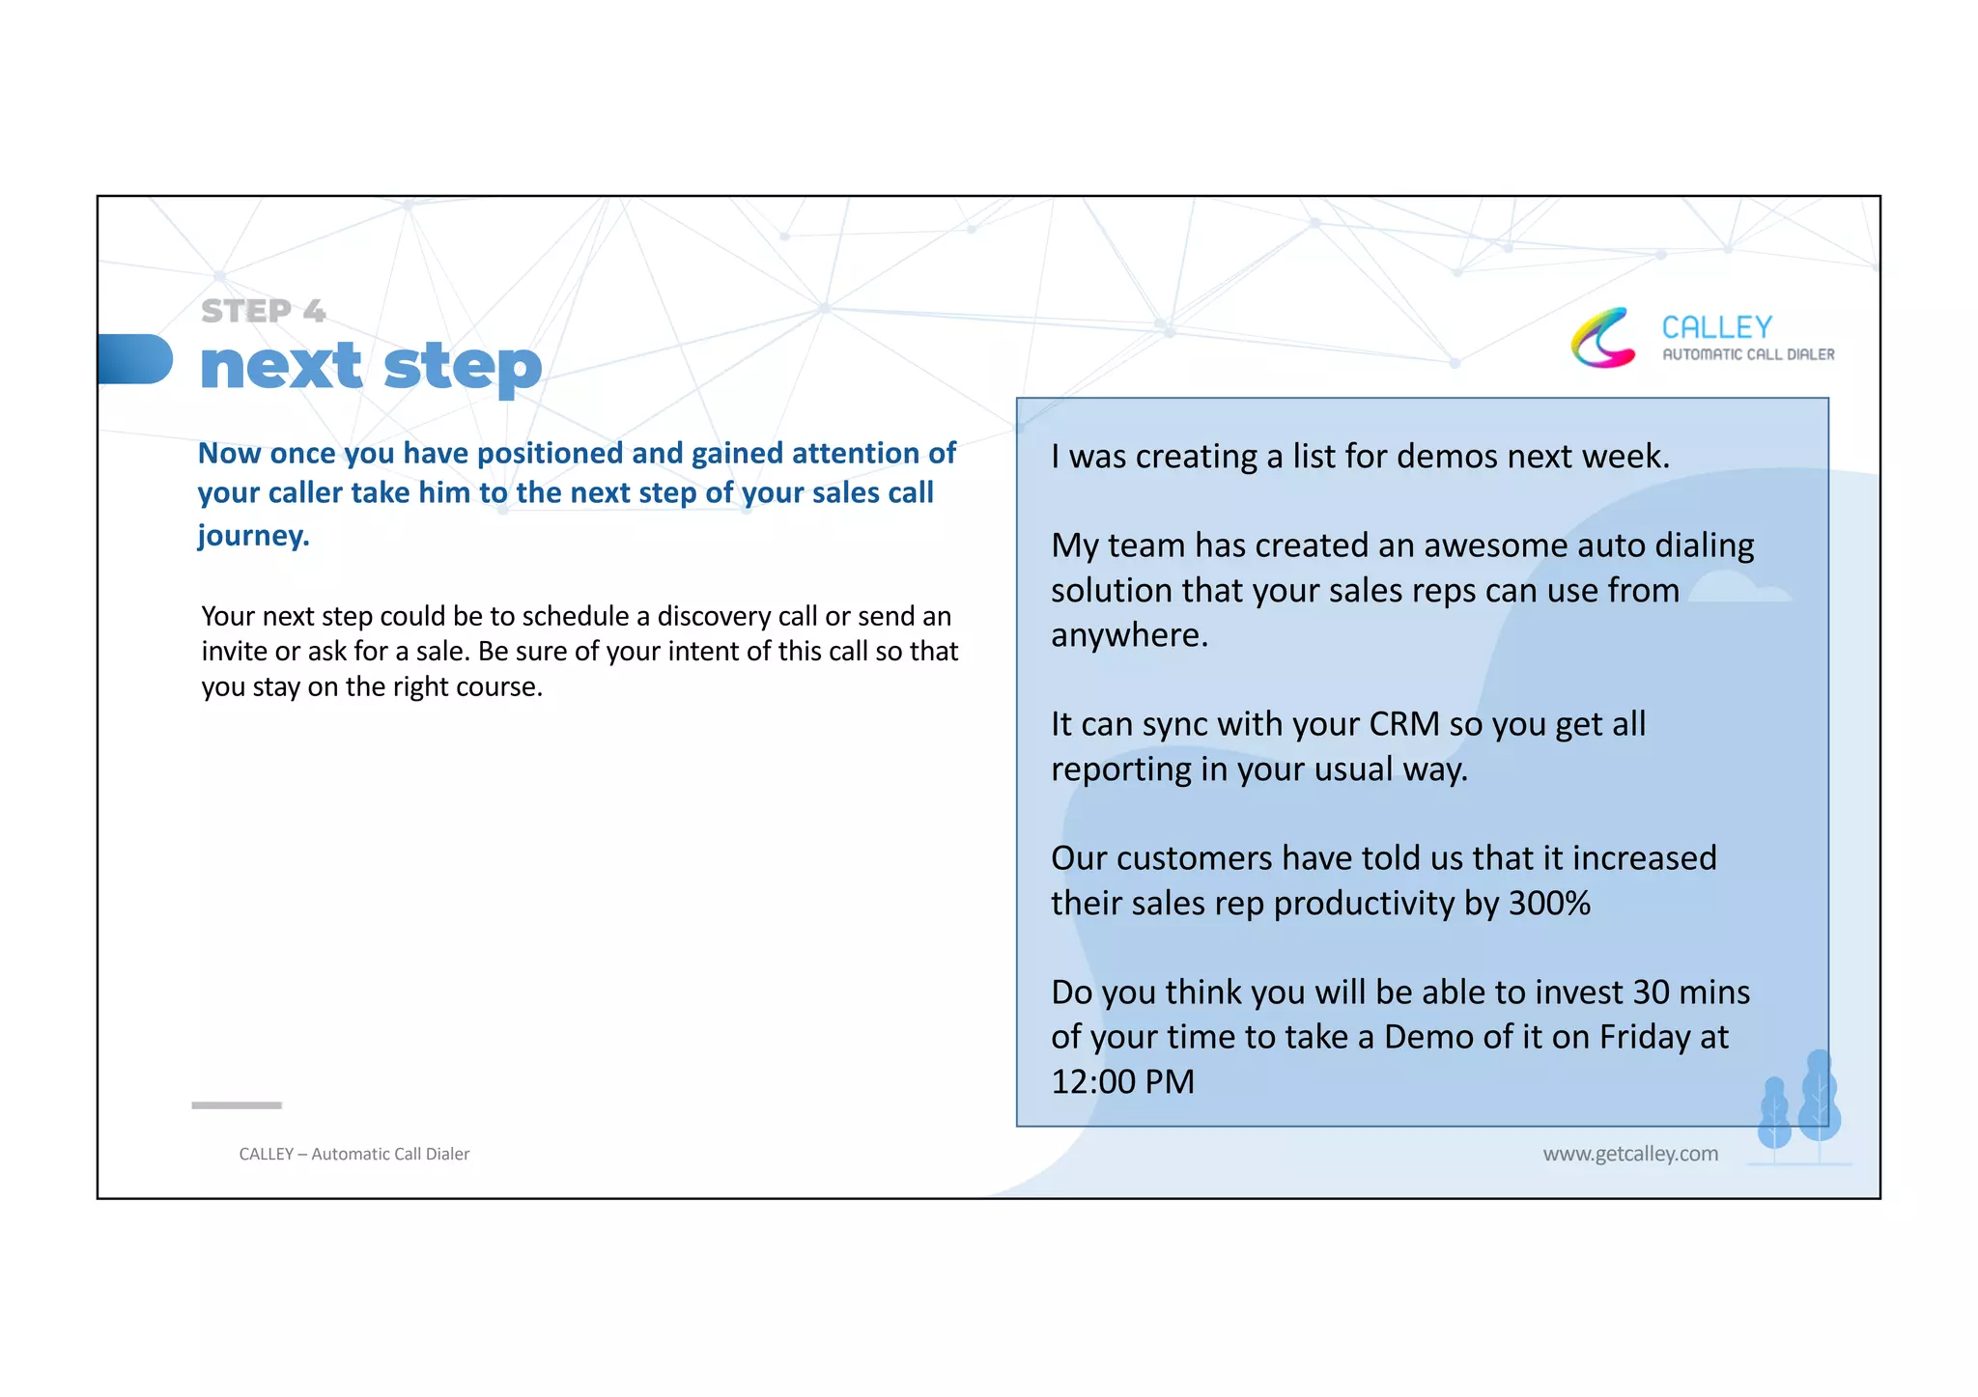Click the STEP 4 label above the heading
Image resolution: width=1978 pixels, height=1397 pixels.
click(263, 311)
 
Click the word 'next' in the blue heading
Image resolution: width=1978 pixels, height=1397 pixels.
click(280, 367)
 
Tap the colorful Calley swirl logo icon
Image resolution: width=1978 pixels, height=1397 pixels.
click(1603, 338)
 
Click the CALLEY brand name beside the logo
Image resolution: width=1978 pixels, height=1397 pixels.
click(1716, 327)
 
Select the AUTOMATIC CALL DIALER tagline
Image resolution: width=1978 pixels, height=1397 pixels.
click(1747, 354)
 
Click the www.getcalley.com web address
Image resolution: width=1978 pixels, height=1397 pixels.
click(1629, 1154)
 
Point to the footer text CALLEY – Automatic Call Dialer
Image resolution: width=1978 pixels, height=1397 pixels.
click(353, 1154)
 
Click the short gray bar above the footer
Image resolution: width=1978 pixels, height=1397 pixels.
click(237, 1104)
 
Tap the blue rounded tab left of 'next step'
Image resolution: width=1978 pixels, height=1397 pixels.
click(135, 359)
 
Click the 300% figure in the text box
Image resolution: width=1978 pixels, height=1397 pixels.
click(1549, 904)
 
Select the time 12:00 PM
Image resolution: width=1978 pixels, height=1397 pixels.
click(1122, 1081)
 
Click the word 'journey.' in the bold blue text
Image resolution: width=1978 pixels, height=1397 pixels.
click(254, 535)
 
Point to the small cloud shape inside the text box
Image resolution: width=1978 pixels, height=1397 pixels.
click(1738, 588)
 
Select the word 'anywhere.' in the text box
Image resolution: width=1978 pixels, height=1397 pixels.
click(1129, 635)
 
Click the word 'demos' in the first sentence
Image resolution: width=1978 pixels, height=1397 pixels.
click(1444, 456)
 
